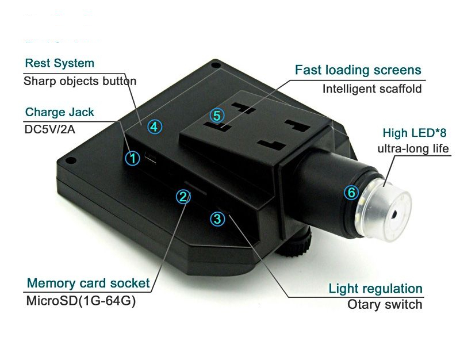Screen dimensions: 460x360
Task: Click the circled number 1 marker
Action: [x=133, y=158]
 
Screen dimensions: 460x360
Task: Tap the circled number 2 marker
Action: [x=183, y=197]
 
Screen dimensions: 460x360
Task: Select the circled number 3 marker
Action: [x=218, y=219]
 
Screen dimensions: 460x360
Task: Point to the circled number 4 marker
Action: [x=155, y=127]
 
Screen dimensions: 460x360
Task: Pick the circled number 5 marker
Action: [x=217, y=116]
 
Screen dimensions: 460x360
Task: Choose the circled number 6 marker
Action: [x=351, y=193]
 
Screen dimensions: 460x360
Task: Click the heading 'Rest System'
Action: [x=60, y=63]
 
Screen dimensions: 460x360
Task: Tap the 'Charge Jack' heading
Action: [x=60, y=112]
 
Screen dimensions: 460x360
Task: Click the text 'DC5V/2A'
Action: [x=50, y=129]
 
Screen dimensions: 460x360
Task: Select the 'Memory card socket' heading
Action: [x=89, y=283]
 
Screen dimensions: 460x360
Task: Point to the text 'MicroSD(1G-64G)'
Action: [x=81, y=301]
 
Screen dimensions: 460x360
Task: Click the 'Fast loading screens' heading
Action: [x=358, y=70]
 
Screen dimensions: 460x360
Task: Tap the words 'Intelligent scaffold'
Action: [x=372, y=89]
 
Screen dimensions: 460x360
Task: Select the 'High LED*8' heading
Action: [x=415, y=133]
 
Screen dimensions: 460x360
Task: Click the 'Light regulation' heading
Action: [x=375, y=289]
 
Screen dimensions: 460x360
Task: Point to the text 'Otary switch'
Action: [x=385, y=304]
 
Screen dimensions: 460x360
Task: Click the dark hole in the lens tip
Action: [x=393, y=215]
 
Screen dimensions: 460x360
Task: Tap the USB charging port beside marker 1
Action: [x=151, y=159]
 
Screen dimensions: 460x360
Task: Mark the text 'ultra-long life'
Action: [x=413, y=149]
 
